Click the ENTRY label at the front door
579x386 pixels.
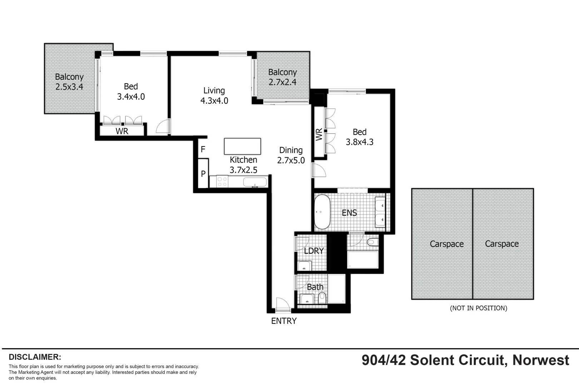click(x=284, y=321)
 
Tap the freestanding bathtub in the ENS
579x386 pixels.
click(x=322, y=212)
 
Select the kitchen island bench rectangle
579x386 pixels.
click(x=242, y=146)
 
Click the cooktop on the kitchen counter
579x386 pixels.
click(x=222, y=182)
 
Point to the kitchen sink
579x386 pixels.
click(x=255, y=182)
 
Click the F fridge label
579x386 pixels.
click(x=203, y=149)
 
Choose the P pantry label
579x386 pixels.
click(x=203, y=174)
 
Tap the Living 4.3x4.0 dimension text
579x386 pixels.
click(x=214, y=101)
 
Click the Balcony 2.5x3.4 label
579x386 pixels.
click(x=69, y=82)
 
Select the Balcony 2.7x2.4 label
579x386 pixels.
click(x=282, y=77)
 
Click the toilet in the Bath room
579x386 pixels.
click(x=322, y=297)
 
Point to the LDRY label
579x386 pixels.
click(x=314, y=251)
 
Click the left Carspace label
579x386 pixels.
click(x=446, y=244)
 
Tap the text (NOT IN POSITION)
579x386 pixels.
click(x=478, y=308)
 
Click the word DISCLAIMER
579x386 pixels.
click(x=35, y=357)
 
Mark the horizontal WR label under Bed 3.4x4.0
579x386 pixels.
click(x=122, y=131)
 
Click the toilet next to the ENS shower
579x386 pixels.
click(x=373, y=242)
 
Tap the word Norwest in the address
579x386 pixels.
click(x=540, y=360)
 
